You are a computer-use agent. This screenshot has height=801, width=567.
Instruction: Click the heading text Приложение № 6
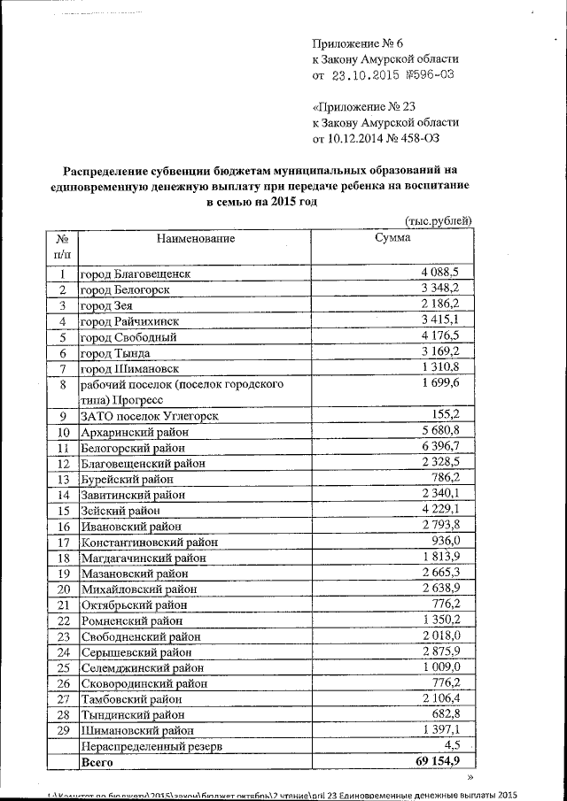[358, 43]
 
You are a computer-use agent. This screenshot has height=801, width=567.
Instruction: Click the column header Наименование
[196, 239]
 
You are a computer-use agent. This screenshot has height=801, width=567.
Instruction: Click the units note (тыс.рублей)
[438, 220]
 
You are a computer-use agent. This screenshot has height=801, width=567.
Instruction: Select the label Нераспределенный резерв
[150, 746]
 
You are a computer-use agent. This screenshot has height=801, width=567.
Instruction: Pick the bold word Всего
[98, 762]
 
